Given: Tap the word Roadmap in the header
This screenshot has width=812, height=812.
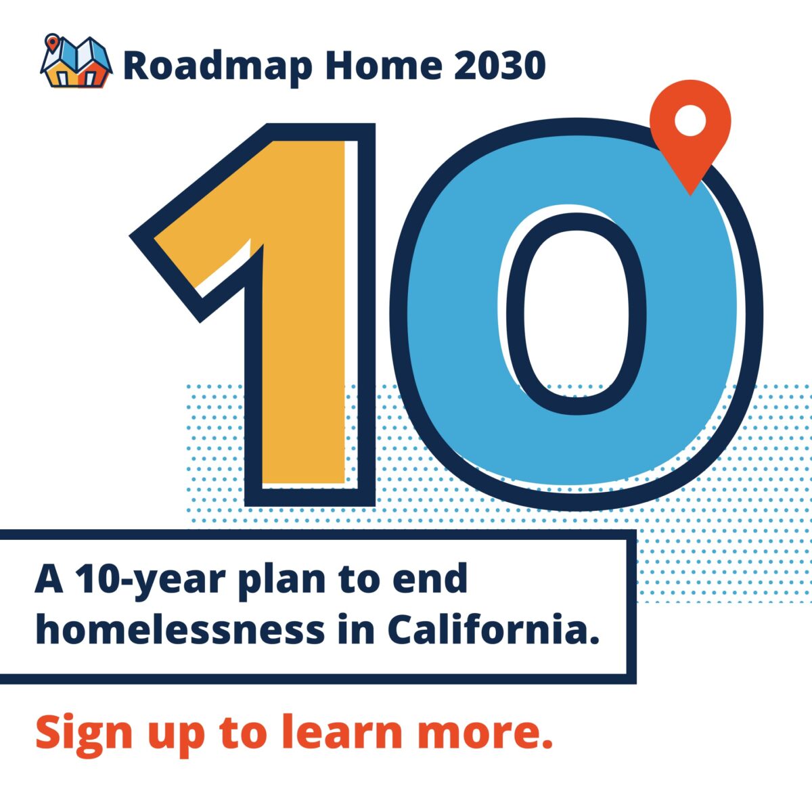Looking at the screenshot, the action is pyautogui.click(x=217, y=66).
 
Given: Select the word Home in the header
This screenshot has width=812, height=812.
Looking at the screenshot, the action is pyautogui.click(x=384, y=66).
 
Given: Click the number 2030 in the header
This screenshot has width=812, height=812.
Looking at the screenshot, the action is pyautogui.click(x=499, y=66).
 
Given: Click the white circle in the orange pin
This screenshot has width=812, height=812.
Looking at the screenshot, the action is pyautogui.click(x=690, y=120).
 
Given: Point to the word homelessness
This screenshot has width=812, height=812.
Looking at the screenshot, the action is pyautogui.click(x=181, y=630).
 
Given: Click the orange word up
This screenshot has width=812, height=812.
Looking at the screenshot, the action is pyautogui.click(x=175, y=739).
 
